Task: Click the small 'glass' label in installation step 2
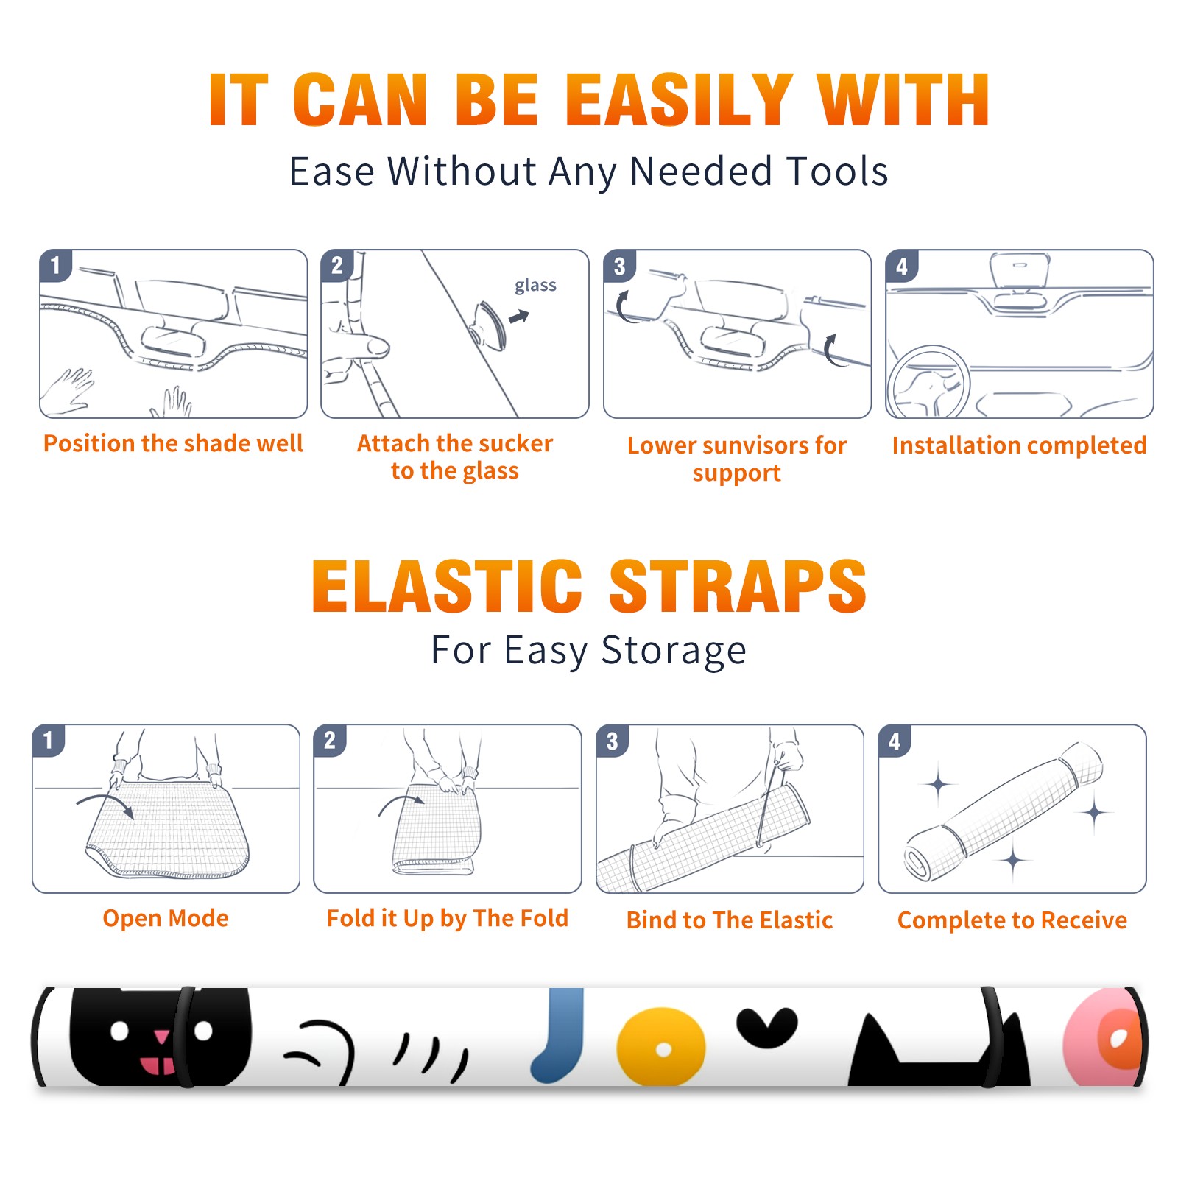point(535,286)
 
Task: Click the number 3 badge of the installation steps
point(620,266)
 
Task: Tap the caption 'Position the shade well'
point(173,443)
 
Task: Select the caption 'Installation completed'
point(1019,445)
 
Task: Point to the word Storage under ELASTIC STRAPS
point(674,651)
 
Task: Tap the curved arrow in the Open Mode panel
point(105,804)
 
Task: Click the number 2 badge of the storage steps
point(330,740)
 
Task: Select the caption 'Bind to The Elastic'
point(730,920)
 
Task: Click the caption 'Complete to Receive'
point(1012,920)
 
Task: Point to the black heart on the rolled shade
point(767,1026)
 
